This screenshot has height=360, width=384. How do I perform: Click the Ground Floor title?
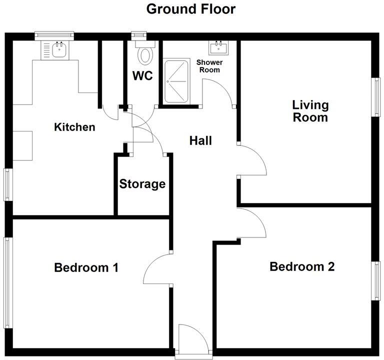(x=190, y=9)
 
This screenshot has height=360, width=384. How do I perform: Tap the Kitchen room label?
(x=74, y=127)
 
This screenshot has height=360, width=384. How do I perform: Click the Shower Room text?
(x=209, y=66)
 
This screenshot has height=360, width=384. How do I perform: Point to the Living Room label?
(x=310, y=111)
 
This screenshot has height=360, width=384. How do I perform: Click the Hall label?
(x=200, y=141)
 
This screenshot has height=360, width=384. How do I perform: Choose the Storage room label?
(x=142, y=184)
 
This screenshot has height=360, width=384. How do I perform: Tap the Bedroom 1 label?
(x=86, y=267)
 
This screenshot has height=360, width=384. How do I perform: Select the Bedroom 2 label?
(x=302, y=266)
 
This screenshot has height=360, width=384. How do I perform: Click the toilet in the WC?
(x=145, y=53)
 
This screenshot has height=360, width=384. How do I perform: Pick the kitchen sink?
(x=59, y=49)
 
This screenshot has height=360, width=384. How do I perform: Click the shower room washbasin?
(x=218, y=48)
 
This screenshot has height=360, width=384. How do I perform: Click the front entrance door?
(x=193, y=340)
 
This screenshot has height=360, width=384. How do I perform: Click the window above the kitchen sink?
(x=54, y=35)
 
